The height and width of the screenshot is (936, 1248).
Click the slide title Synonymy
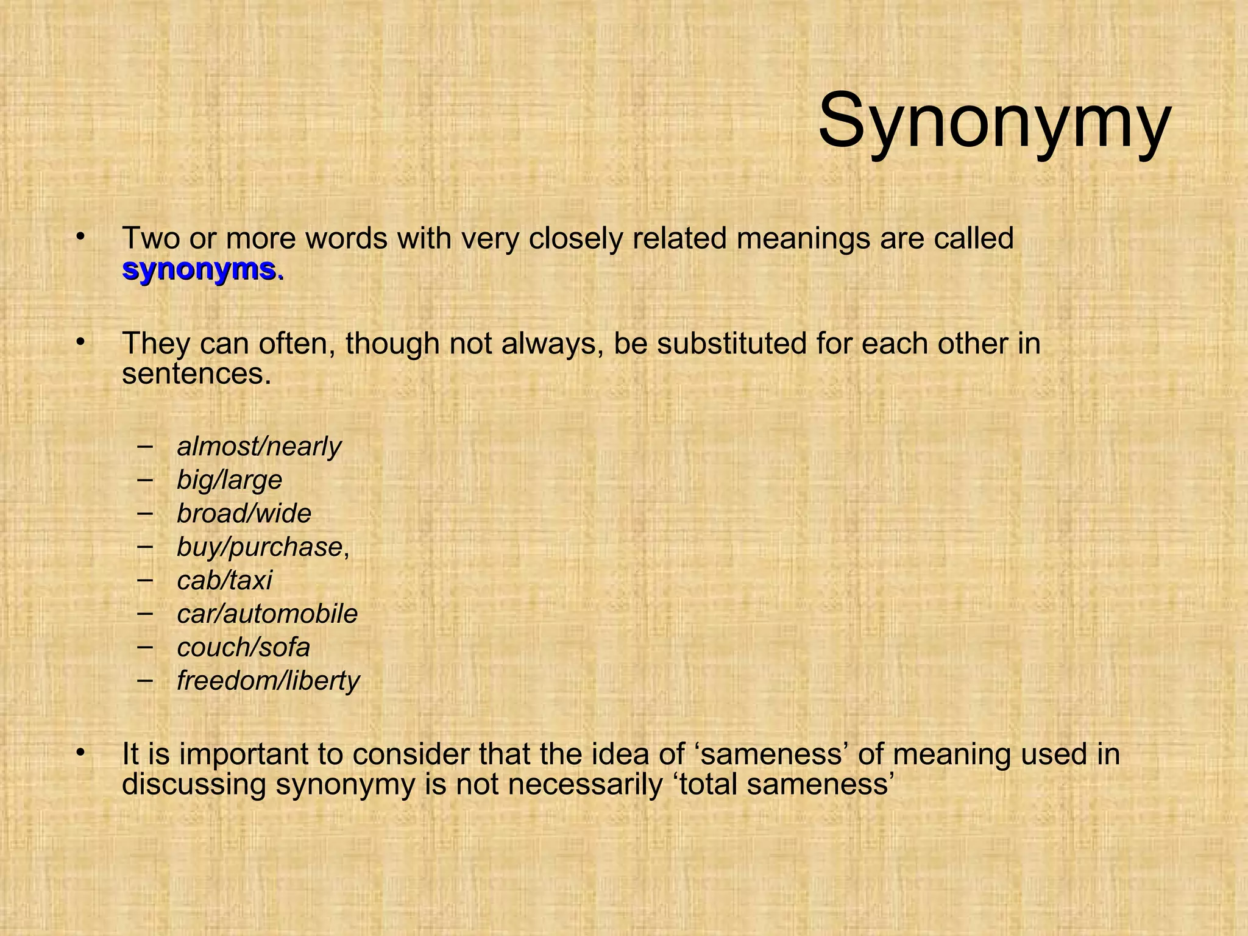coord(994,120)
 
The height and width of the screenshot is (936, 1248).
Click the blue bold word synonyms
coord(203,269)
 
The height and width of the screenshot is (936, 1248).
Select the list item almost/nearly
coord(259,447)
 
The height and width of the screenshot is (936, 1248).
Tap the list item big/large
coord(229,480)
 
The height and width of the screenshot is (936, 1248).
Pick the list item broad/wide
coord(244,514)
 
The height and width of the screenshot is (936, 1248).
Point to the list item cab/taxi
coord(224,580)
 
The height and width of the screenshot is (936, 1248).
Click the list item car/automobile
coord(267,614)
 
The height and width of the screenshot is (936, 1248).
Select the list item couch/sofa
coord(243,647)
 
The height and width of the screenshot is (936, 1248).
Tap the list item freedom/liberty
coord(268,681)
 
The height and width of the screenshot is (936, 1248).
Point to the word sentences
coord(196,374)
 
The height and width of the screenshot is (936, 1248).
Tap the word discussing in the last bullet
coord(194,784)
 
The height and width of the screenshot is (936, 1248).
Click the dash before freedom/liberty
coord(146,679)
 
